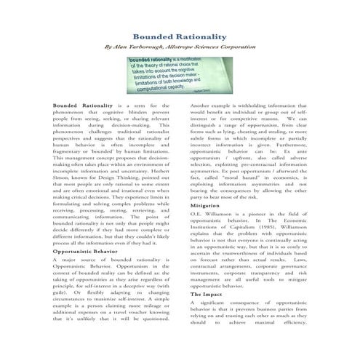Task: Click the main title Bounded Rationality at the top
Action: coord(179,36)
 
